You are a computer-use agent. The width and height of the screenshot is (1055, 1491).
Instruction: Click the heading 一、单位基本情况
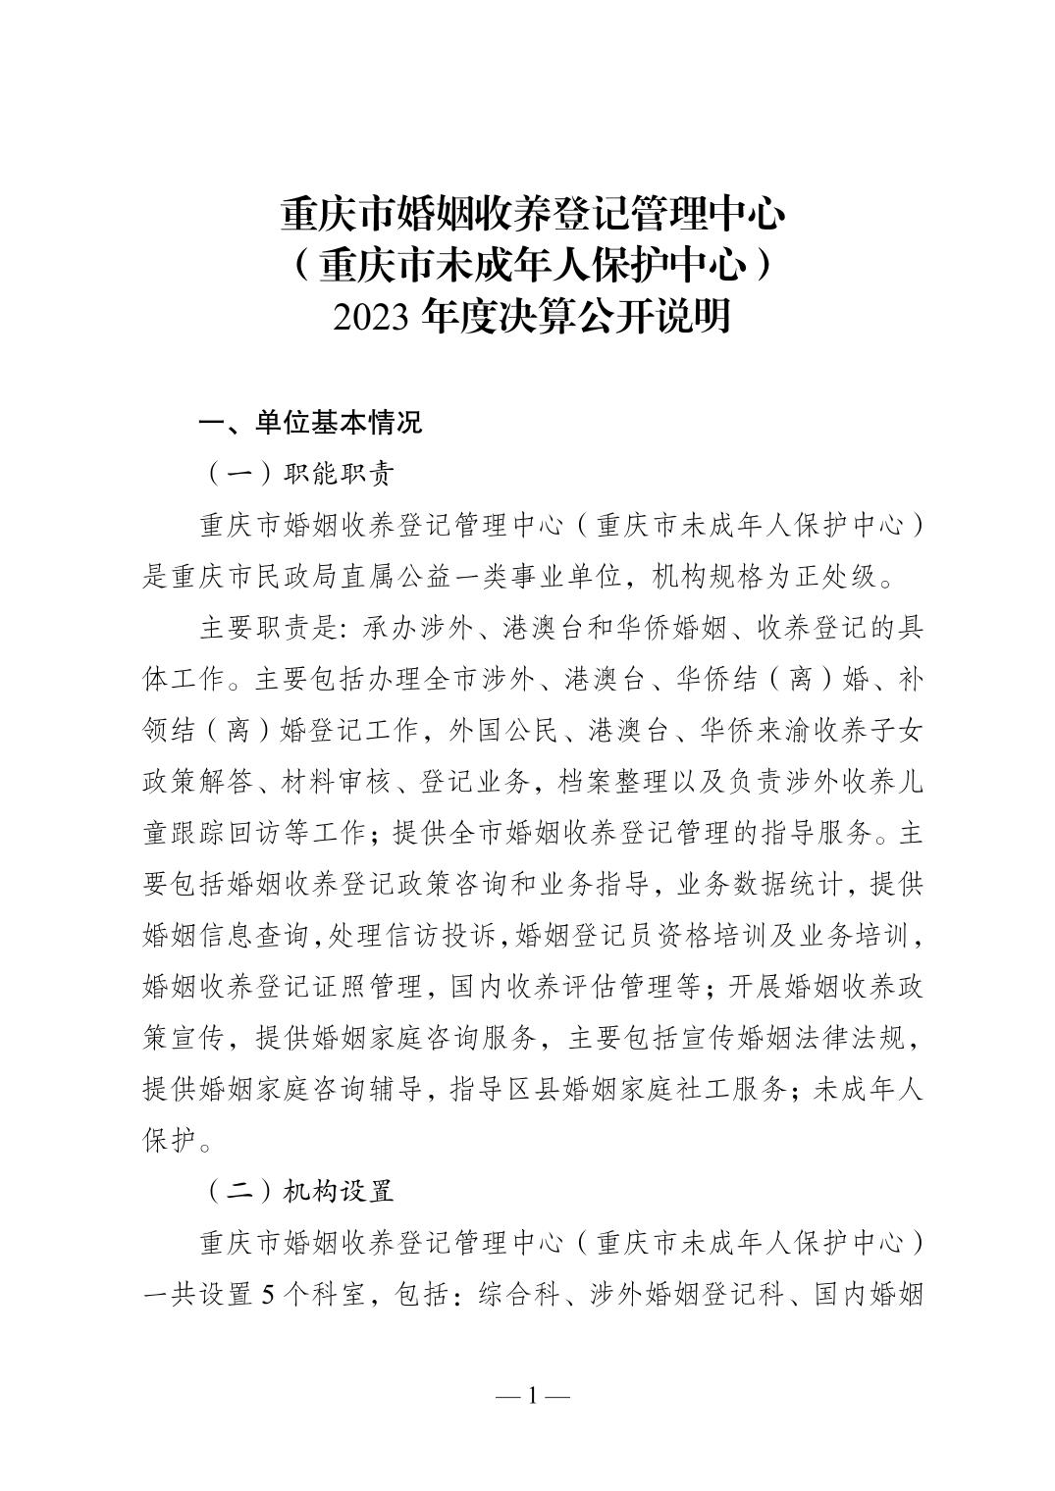click(311, 423)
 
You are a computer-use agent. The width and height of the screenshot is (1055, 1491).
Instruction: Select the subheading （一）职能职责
click(300, 475)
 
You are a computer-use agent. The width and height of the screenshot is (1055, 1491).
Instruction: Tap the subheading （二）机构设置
click(300, 1192)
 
